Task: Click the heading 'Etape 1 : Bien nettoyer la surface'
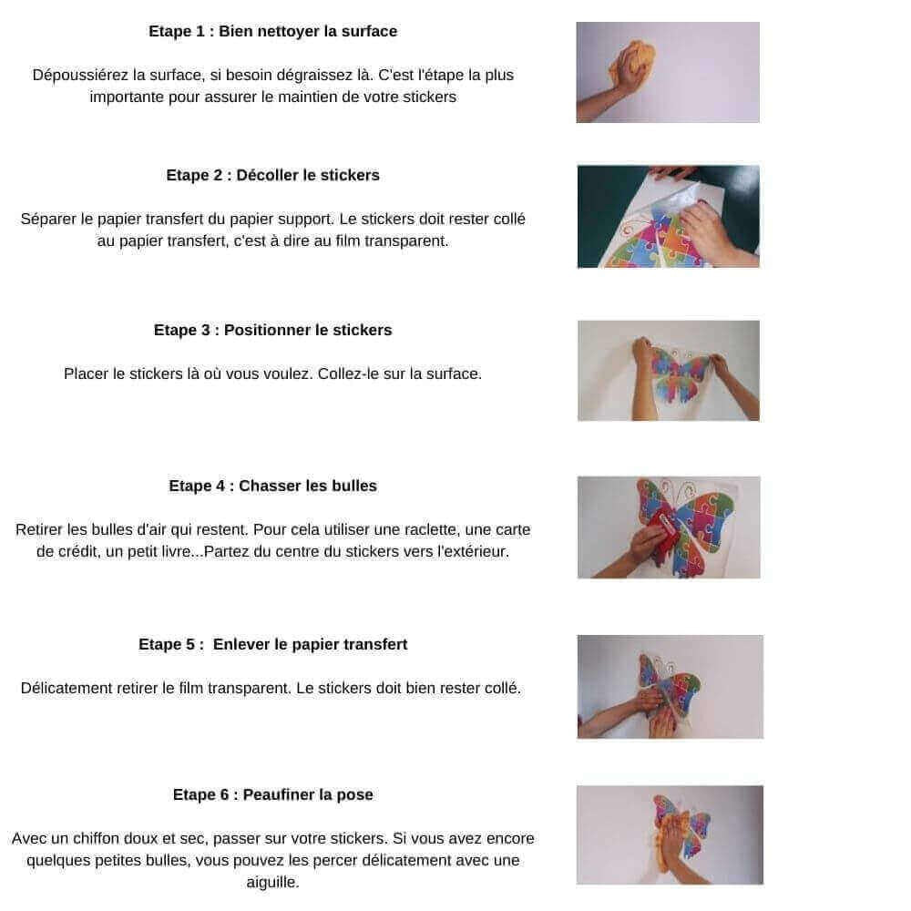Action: tap(272, 31)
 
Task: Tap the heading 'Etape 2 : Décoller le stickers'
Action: tap(272, 176)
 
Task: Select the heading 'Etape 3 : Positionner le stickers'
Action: tap(272, 330)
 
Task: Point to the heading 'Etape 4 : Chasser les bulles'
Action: tap(272, 486)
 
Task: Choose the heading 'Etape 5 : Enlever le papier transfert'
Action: tap(272, 644)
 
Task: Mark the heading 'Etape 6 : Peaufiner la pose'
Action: tap(272, 794)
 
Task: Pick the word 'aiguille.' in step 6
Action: tap(272, 883)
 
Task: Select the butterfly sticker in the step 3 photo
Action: tap(680, 374)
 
